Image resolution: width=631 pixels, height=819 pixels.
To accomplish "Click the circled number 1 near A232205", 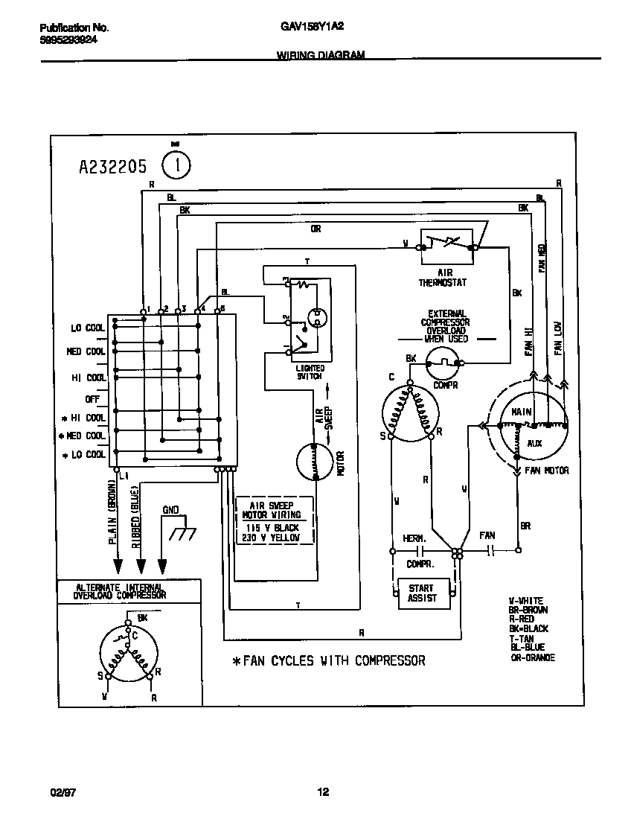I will [x=176, y=165].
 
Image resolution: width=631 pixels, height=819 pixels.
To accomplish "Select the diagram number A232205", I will [x=113, y=166].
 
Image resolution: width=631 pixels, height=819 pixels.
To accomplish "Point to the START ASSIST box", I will [x=421, y=593].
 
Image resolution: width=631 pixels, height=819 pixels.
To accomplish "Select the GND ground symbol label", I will [x=171, y=511].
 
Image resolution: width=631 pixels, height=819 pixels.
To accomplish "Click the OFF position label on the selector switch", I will [x=92, y=398].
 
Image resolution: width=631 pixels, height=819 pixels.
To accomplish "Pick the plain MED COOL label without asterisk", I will [x=86, y=351].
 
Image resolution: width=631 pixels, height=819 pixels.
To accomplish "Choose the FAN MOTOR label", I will [x=547, y=471].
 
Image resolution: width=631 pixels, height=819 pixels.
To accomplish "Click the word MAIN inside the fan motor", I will [x=521, y=411].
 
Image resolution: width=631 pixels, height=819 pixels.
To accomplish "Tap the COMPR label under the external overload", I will [x=445, y=385].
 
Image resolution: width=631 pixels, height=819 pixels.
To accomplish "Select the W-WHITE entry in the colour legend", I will [x=526, y=600].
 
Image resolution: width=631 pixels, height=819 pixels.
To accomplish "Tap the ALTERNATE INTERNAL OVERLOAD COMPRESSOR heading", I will [x=120, y=591].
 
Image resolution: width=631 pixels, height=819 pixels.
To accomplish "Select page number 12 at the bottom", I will [x=323, y=792].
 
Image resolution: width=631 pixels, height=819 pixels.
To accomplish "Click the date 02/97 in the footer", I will [x=52, y=792].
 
